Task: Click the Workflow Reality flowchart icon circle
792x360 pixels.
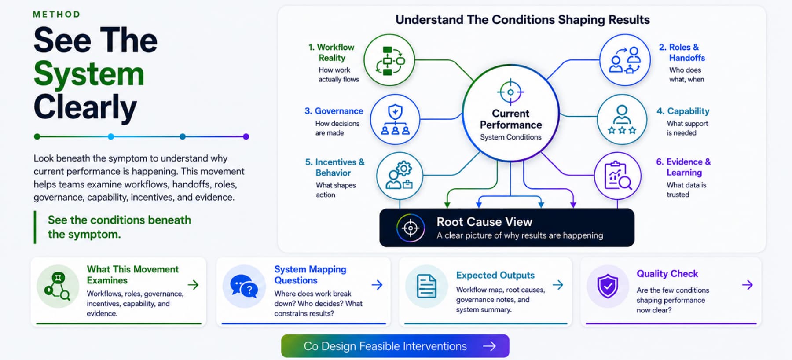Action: point(389,60)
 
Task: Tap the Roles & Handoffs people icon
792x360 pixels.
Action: point(625,60)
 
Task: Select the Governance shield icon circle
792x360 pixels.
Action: point(395,119)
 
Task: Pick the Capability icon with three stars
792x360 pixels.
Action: point(622,119)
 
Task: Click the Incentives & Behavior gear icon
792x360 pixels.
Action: point(400,176)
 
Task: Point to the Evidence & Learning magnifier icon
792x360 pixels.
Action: point(618,176)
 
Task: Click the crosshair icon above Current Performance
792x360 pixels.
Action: point(510,92)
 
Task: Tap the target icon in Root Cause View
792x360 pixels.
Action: point(411,228)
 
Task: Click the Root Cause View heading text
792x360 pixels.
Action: point(484,222)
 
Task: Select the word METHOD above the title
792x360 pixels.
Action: point(57,15)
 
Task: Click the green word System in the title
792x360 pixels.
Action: point(89,73)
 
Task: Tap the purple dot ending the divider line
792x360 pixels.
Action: point(246,136)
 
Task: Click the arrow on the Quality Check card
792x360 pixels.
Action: point(747,285)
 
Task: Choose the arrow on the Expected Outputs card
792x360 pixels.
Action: point(558,285)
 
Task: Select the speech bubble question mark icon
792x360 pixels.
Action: point(244,286)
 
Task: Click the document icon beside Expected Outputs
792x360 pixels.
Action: point(426,286)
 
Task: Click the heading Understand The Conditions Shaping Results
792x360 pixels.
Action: point(523,20)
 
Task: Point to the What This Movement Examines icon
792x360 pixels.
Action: point(58,286)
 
